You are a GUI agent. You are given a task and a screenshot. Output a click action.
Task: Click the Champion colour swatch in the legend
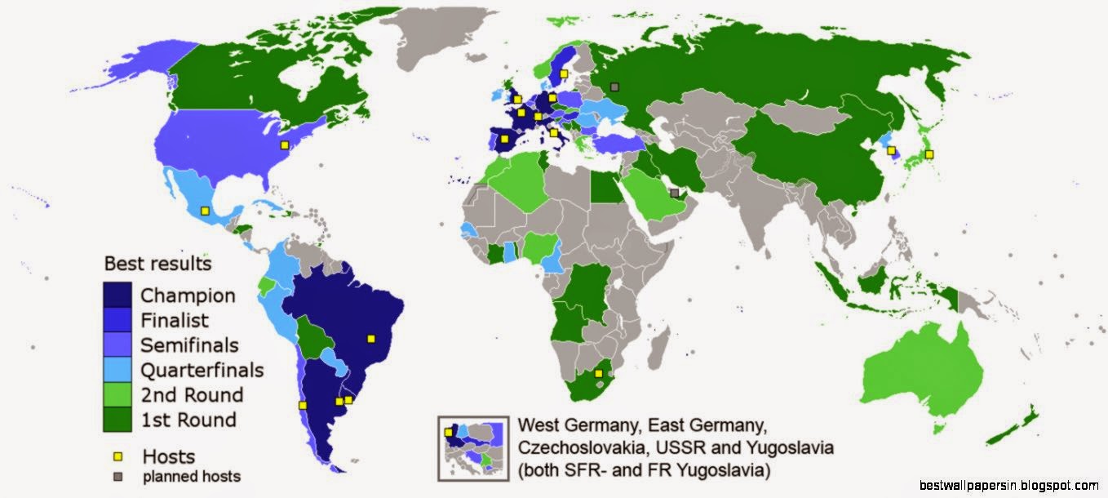pyautogui.click(x=118, y=295)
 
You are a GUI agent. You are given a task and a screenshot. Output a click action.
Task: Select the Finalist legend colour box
pyautogui.click(x=118, y=320)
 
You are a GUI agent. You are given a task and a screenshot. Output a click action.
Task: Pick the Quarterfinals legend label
pyautogui.click(x=202, y=370)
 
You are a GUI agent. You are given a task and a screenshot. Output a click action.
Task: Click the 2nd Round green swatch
pyautogui.click(x=118, y=395)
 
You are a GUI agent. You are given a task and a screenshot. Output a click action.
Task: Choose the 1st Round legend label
pyautogui.click(x=188, y=420)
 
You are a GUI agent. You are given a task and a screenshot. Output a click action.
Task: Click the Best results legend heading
pyautogui.click(x=157, y=265)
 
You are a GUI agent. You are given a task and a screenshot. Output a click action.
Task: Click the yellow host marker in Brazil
pyautogui.click(x=370, y=338)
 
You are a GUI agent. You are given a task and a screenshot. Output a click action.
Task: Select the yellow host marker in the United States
pyautogui.click(x=284, y=145)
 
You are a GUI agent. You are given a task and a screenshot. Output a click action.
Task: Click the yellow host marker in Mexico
pyautogui.click(x=205, y=211)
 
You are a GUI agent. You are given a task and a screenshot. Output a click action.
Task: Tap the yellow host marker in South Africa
pyautogui.click(x=599, y=374)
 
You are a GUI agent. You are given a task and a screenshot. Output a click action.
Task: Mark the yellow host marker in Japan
pyautogui.click(x=929, y=155)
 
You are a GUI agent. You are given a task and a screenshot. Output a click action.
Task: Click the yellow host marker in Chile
pyautogui.click(x=303, y=405)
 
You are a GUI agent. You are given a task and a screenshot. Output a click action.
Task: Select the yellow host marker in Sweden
pyautogui.click(x=564, y=73)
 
